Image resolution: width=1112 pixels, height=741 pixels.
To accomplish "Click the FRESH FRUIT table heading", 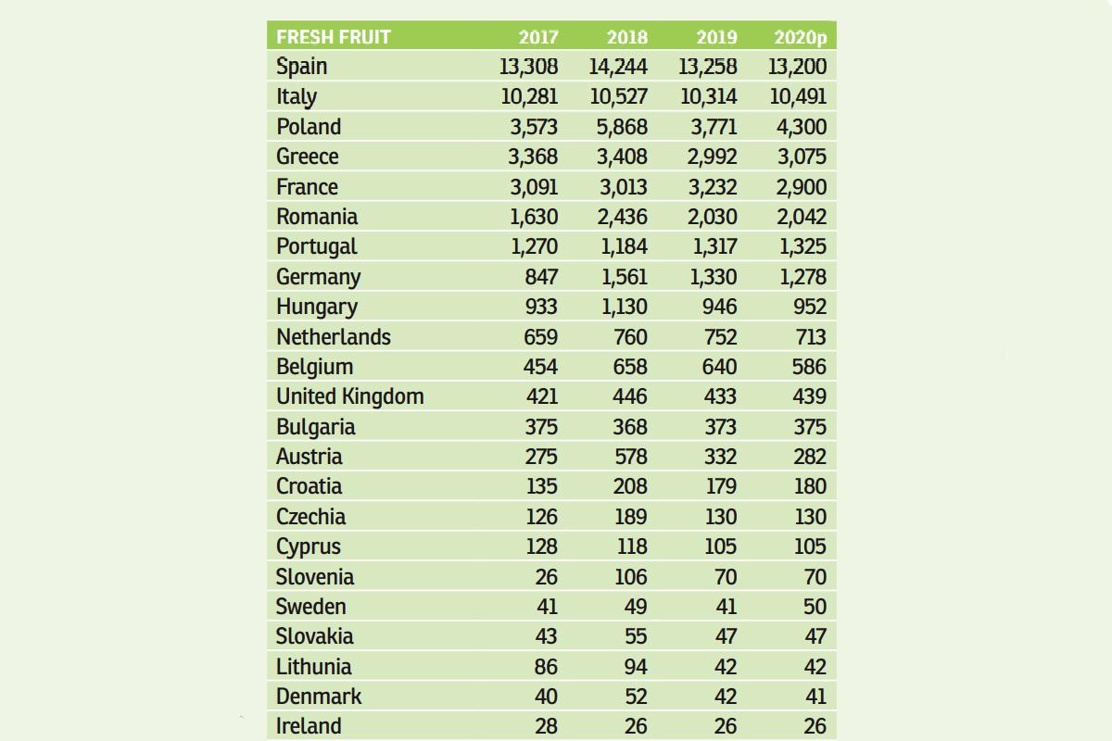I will click(x=334, y=37).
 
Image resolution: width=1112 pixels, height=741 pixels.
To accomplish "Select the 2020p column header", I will click(x=800, y=38).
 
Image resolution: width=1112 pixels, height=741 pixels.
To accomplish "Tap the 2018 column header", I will click(x=627, y=38).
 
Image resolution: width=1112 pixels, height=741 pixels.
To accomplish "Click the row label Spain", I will click(x=302, y=67).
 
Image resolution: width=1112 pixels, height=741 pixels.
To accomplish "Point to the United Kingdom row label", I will click(x=350, y=396).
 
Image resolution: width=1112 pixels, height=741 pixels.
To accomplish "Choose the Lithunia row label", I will click(x=314, y=667).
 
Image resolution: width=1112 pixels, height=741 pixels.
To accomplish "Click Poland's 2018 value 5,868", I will click(x=622, y=127).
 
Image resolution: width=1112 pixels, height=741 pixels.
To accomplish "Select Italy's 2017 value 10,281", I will click(x=530, y=96).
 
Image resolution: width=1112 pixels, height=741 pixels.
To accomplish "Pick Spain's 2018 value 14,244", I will click(x=618, y=67).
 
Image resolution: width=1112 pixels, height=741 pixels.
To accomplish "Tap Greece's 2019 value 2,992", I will click(x=712, y=157).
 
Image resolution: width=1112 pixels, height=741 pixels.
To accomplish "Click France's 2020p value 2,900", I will click(x=802, y=187).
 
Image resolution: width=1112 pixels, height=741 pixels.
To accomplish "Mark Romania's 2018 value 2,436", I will click(x=622, y=217).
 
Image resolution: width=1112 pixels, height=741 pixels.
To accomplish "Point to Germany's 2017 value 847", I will click(x=541, y=277).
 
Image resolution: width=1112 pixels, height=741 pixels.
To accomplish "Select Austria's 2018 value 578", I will click(x=630, y=457).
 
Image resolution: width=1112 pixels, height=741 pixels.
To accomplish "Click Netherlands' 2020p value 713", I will click(x=809, y=337).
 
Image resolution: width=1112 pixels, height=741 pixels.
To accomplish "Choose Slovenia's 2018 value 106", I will click(x=630, y=577).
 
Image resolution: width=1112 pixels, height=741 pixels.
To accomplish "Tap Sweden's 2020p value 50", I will click(x=815, y=607).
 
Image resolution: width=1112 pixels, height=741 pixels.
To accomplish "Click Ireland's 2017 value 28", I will click(x=547, y=726).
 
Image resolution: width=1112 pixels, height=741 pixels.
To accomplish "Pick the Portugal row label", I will click(x=317, y=246).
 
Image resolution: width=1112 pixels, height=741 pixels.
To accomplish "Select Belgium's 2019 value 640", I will click(x=719, y=367).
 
